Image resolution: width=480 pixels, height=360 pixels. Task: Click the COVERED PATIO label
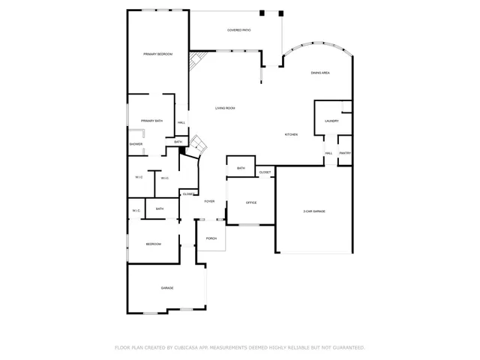[239, 30]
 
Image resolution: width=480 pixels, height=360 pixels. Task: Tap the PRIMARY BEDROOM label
[158, 54]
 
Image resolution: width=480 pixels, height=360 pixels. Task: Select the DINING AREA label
[321, 73]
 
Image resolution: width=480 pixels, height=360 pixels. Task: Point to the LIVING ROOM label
[226, 109]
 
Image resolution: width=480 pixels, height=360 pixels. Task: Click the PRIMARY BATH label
[152, 121]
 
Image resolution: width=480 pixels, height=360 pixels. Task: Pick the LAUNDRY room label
[331, 121]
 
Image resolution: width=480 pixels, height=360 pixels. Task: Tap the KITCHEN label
[291, 134]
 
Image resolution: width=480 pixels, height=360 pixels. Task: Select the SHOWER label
[136, 144]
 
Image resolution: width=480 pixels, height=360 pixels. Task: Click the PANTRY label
[345, 153]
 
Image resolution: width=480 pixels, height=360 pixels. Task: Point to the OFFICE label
[252, 202]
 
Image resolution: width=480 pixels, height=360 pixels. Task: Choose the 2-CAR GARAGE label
[314, 211]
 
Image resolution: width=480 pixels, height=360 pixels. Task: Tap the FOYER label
[209, 201]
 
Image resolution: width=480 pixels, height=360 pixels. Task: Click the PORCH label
[211, 238]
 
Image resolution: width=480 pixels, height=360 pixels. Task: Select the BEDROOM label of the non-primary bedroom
[153, 244]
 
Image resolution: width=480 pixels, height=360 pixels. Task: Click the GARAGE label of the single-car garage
[167, 288]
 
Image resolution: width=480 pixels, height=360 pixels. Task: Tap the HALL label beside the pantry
[328, 153]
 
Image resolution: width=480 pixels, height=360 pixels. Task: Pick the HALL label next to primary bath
[181, 123]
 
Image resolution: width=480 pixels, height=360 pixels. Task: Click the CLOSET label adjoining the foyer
[187, 193]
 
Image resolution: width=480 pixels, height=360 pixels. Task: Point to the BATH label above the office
[241, 168]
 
